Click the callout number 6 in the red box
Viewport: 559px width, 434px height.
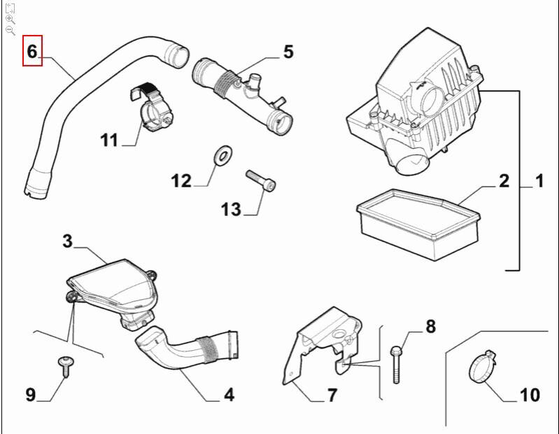[x=32, y=51]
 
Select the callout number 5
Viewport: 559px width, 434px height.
[x=288, y=52]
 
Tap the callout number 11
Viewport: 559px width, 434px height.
[x=109, y=140]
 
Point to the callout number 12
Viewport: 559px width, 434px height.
[x=181, y=181]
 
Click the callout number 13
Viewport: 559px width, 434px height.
[x=231, y=208]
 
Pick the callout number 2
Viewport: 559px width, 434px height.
[x=504, y=182]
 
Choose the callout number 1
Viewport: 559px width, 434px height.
[x=539, y=182]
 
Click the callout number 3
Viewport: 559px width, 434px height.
[x=67, y=242]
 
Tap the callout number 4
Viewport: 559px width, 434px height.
[x=229, y=395]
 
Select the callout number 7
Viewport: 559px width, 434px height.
[x=332, y=395]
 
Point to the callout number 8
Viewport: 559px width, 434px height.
[x=430, y=326]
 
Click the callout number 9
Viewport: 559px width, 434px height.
[x=31, y=395]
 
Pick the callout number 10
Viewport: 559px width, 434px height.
[x=530, y=395]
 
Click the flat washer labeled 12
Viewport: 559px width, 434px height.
[x=222, y=154]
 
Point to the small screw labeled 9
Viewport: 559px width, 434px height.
[x=64, y=366]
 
